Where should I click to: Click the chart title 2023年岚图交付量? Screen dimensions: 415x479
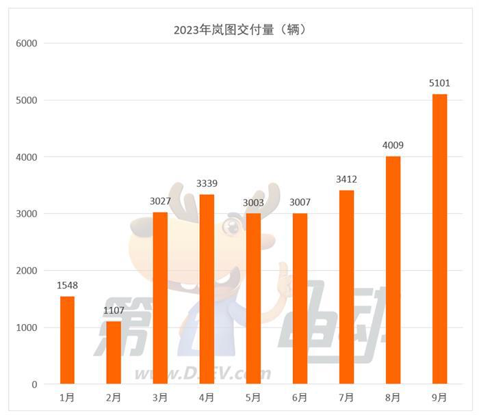(x=239, y=29)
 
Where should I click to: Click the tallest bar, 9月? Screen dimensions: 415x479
(x=439, y=239)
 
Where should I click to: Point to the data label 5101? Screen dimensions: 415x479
(x=439, y=83)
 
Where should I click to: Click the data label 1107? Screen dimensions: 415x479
(x=114, y=310)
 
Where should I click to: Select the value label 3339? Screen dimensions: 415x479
(x=207, y=183)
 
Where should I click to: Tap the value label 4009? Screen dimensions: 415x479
(x=393, y=145)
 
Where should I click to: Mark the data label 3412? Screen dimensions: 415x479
(x=346, y=179)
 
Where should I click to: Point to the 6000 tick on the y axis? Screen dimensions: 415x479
(x=26, y=43)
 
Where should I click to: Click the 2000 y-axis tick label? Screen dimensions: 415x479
(x=26, y=271)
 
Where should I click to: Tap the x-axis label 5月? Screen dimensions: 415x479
(x=253, y=397)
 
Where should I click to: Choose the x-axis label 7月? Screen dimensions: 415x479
(x=346, y=397)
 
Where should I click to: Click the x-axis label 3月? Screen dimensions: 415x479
(x=160, y=397)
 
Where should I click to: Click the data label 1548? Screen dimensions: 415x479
(x=67, y=285)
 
